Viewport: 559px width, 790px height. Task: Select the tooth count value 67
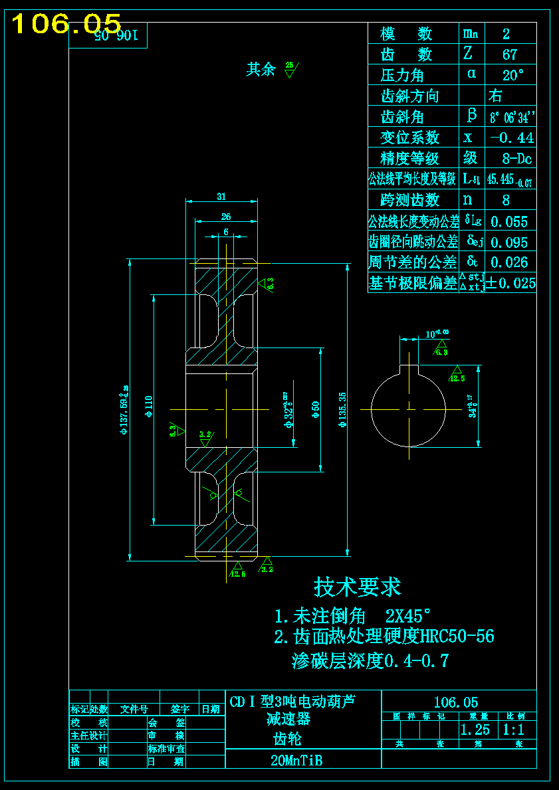(510, 54)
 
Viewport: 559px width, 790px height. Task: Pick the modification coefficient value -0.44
(511, 138)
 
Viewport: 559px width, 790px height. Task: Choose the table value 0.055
(509, 221)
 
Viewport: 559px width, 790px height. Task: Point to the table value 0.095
(509, 242)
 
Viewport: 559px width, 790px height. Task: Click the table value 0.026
(509, 262)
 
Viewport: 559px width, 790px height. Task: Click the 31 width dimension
(221, 196)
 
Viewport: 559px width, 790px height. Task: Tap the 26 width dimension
(226, 216)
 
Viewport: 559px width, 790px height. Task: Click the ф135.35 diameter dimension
(342, 406)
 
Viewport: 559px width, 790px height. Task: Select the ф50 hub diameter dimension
(316, 406)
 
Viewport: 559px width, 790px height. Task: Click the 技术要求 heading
(358, 587)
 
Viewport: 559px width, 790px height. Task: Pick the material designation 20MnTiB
(296, 761)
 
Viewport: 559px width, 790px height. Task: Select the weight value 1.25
(475, 730)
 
